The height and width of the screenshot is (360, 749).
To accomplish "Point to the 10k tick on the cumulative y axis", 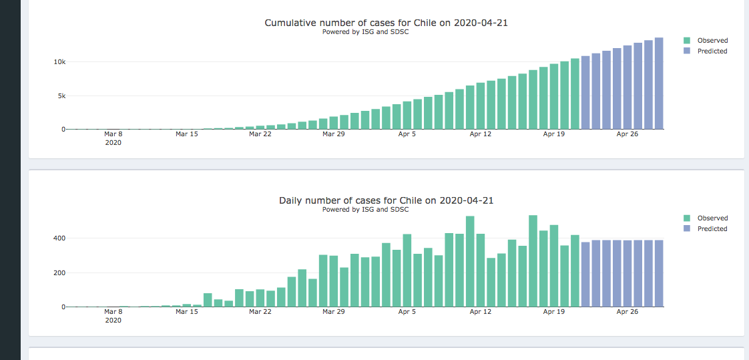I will (x=59, y=62).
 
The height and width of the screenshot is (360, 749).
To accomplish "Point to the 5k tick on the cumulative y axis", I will (x=61, y=96).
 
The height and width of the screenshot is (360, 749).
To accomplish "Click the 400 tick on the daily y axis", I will (x=59, y=238).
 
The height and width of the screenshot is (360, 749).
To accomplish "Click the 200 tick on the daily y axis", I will (x=59, y=273).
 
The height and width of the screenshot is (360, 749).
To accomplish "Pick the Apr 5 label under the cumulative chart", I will (x=407, y=134).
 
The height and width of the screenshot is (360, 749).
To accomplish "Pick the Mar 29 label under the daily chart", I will (x=333, y=312).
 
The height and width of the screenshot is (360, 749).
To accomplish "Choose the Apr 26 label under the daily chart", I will (x=628, y=312).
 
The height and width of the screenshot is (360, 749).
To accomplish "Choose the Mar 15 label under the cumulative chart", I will (x=187, y=134).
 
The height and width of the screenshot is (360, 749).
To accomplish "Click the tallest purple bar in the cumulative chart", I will (x=659, y=83).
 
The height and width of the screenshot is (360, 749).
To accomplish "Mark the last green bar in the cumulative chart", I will (x=575, y=94).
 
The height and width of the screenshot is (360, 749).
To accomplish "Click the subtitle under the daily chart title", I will (x=365, y=210).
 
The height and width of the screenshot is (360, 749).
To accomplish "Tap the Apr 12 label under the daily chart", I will (x=481, y=312).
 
